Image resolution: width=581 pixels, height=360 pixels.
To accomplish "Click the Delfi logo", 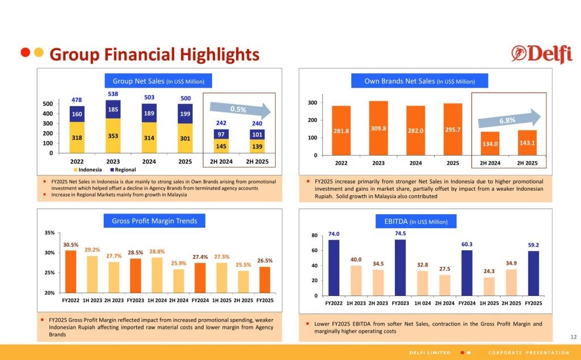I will (x=541, y=54).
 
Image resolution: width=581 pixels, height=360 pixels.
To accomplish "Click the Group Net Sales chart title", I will (x=158, y=81).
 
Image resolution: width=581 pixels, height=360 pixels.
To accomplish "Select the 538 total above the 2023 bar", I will (x=113, y=94).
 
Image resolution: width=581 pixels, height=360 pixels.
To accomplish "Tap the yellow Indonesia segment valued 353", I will (x=113, y=136).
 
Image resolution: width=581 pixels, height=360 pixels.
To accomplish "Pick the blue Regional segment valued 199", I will (x=185, y=114).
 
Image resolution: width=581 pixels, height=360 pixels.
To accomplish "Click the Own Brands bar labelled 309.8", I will (x=378, y=128).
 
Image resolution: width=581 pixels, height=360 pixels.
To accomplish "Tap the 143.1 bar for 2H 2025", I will (x=527, y=143).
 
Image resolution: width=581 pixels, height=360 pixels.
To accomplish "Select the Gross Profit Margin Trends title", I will (x=154, y=221).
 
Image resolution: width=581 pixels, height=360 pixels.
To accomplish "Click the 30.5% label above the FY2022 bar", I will (x=70, y=245).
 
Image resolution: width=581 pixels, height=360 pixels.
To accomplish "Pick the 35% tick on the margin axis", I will (x=49, y=233).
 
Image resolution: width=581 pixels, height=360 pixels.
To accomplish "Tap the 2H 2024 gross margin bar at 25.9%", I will (x=178, y=281).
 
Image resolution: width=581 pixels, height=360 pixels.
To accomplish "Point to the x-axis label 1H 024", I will (x=422, y=303).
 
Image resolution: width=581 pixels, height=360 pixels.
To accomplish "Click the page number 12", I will (x=572, y=337).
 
